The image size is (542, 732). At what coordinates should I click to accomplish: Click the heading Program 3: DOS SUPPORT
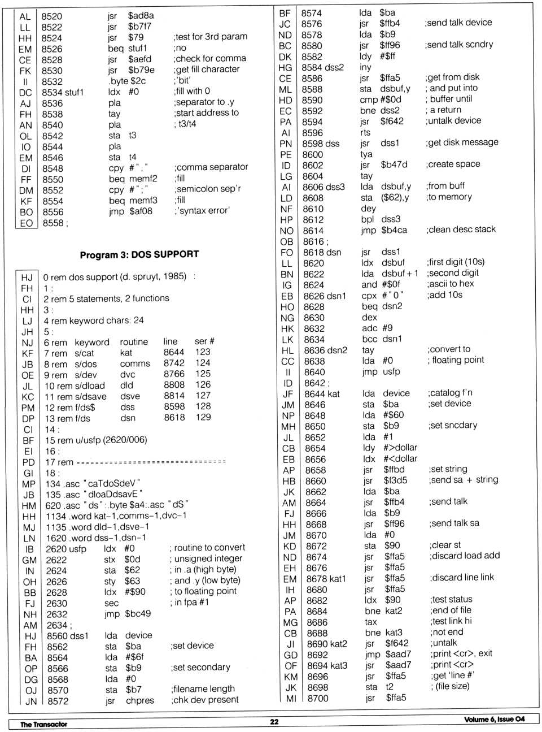(x=139, y=255)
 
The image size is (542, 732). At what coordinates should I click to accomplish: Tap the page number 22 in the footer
(x=274, y=722)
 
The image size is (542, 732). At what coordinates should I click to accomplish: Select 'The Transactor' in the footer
(x=43, y=724)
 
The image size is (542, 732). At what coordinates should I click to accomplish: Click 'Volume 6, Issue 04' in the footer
(x=494, y=720)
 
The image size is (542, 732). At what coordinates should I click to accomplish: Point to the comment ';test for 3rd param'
(x=210, y=37)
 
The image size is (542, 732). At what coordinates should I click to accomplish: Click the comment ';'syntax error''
(x=202, y=211)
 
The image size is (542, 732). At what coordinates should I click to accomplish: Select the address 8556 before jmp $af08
(x=53, y=212)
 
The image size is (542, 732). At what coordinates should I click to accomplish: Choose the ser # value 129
(x=203, y=417)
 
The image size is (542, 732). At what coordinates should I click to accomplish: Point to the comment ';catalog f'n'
(x=450, y=393)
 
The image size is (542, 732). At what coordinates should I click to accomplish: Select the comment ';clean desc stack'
(x=461, y=229)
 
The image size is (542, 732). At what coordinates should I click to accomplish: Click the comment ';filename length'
(x=203, y=689)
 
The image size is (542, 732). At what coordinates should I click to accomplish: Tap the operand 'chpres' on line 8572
(x=140, y=700)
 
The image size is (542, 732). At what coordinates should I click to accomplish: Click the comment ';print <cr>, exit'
(x=461, y=653)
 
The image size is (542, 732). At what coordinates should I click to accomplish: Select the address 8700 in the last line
(x=318, y=698)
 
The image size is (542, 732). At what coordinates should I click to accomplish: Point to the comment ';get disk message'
(x=462, y=142)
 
